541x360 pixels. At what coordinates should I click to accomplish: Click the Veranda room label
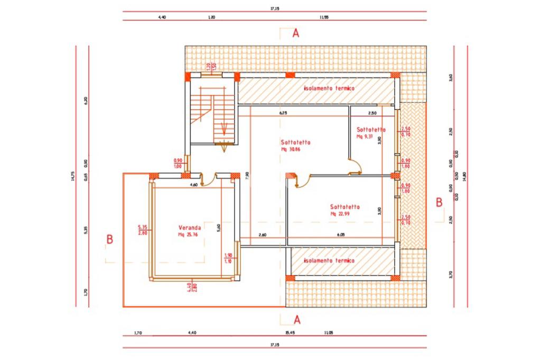pyautogui.click(x=188, y=228)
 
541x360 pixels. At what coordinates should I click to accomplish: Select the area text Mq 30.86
pyautogui.click(x=294, y=149)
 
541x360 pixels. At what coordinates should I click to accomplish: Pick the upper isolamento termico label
pyautogui.click(x=329, y=89)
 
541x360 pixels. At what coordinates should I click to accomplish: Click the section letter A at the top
pyautogui.click(x=296, y=33)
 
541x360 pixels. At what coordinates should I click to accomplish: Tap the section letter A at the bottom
pyautogui.click(x=296, y=319)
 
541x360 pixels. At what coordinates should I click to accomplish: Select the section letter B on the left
pyautogui.click(x=110, y=239)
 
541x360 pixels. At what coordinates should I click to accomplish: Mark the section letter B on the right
pyautogui.click(x=438, y=202)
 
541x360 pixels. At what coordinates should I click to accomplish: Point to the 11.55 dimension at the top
pyautogui.click(x=324, y=17)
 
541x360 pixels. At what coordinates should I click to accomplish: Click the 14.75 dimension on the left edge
pyautogui.click(x=72, y=176)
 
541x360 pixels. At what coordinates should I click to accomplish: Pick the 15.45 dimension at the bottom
pyautogui.click(x=290, y=333)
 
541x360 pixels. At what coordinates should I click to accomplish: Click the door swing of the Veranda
pyautogui.click(x=209, y=179)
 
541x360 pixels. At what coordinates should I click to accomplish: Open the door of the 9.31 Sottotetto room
pyautogui.click(x=355, y=166)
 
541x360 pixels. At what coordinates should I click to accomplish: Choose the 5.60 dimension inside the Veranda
pyautogui.click(x=218, y=229)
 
